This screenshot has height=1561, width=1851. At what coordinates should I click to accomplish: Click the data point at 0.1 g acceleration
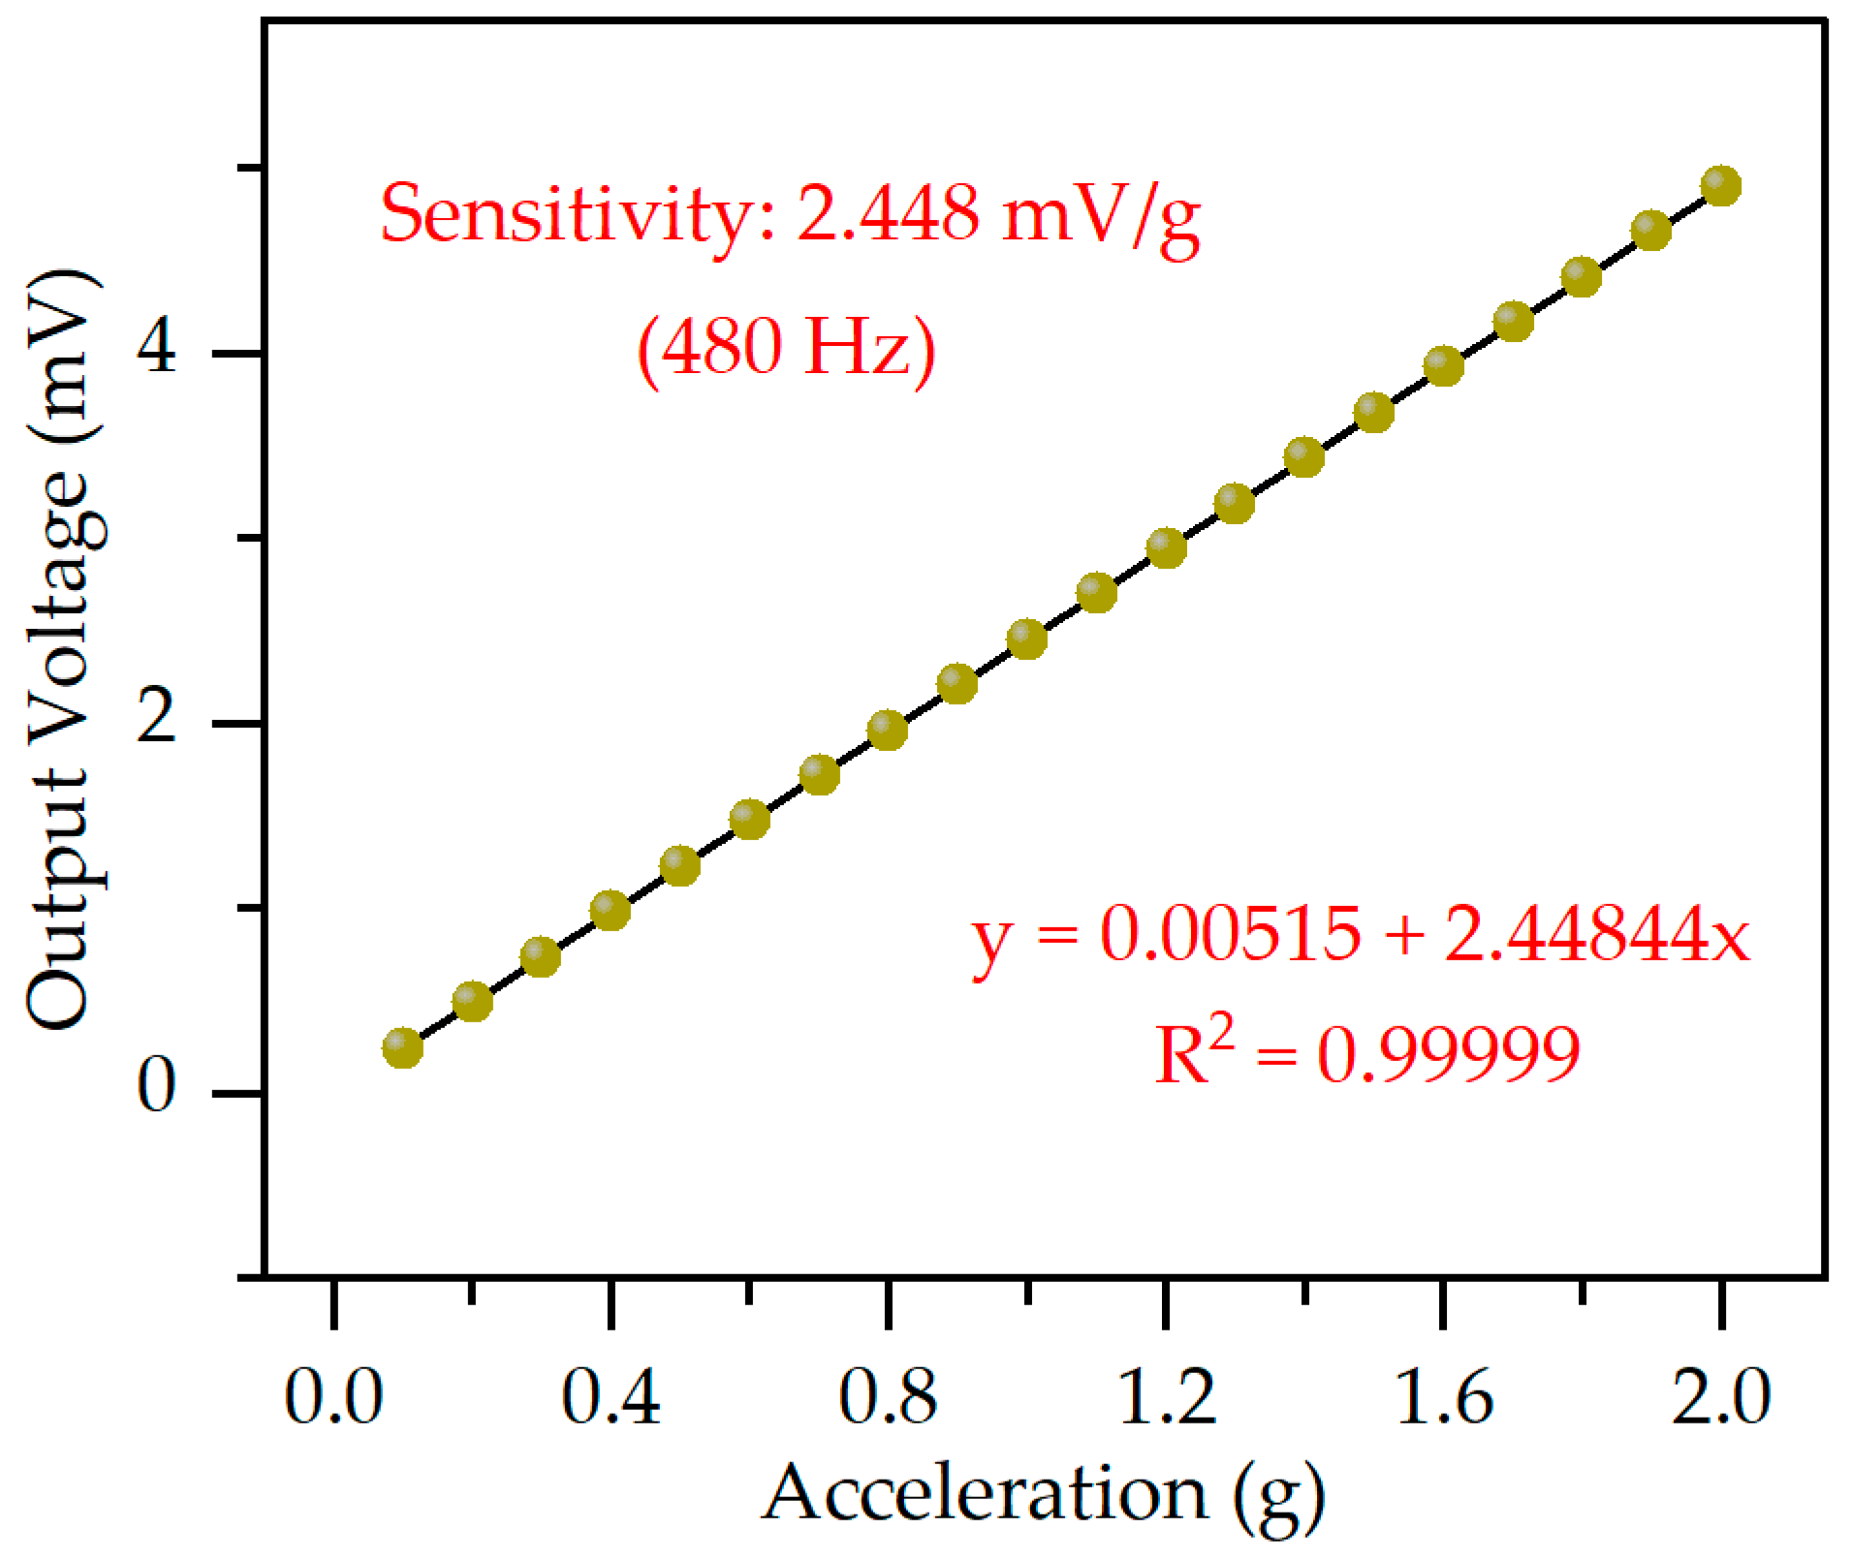tap(402, 1047)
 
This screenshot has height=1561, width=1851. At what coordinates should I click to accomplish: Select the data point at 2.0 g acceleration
tap(1721, 184)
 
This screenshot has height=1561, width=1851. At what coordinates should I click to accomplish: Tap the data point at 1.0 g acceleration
tap(1027, 639)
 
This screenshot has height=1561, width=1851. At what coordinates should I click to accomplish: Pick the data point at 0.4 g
tap(611, 910)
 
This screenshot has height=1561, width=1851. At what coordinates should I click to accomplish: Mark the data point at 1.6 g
tap(1443, 365)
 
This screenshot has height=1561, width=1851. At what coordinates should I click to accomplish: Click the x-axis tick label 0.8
tap(888, 1397)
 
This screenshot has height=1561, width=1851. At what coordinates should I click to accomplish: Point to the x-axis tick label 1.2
tap(1166, 1397)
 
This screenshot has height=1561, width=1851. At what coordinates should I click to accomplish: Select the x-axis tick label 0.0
tap(333, 1397)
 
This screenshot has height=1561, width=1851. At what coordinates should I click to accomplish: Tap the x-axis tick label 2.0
tap(1721, 1397)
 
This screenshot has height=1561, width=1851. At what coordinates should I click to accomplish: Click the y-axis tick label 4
tap(157, 348)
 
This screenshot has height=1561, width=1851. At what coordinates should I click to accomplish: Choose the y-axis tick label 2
tap(157, 719)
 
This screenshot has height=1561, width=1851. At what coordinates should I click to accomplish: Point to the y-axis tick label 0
tap(157, 1087)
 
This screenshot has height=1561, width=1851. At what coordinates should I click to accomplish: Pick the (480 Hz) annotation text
tap(786, 347)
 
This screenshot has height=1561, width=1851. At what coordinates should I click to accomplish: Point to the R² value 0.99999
tap(1449, 1054)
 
